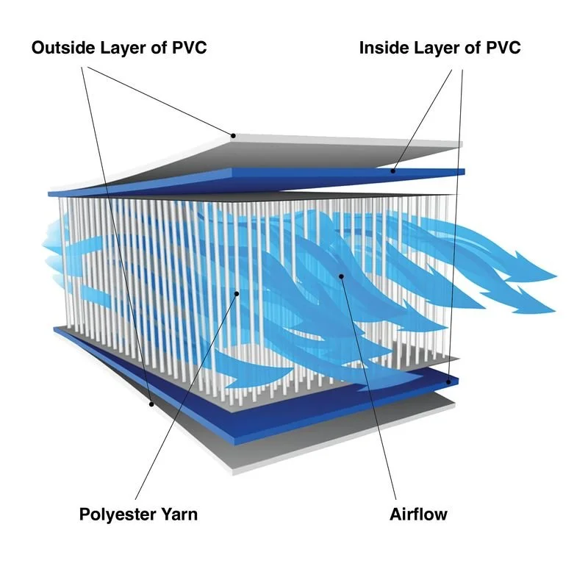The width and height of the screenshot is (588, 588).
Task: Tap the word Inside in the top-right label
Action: tap(381, 49)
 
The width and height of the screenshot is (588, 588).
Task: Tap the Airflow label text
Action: tap(417, 514)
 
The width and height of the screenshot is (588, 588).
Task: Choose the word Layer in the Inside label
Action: tap(433, 49)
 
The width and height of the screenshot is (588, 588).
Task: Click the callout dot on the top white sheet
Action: tap(232, 135)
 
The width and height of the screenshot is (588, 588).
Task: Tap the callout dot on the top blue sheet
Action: tap(392, 171)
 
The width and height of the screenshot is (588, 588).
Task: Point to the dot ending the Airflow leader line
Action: tap(341, 276)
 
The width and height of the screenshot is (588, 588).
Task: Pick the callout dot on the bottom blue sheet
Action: tap(450, 381)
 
